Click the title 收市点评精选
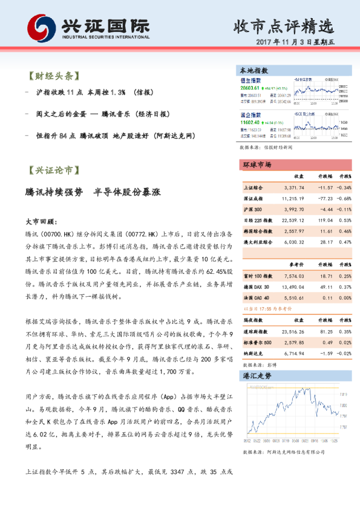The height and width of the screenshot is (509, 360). click(x=284, y=26)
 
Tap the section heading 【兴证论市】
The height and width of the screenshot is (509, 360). click(x=53, y=170)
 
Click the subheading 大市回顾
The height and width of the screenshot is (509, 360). click(x=41, y=221)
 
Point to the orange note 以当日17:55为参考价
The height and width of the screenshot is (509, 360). click(x=266, y=308)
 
